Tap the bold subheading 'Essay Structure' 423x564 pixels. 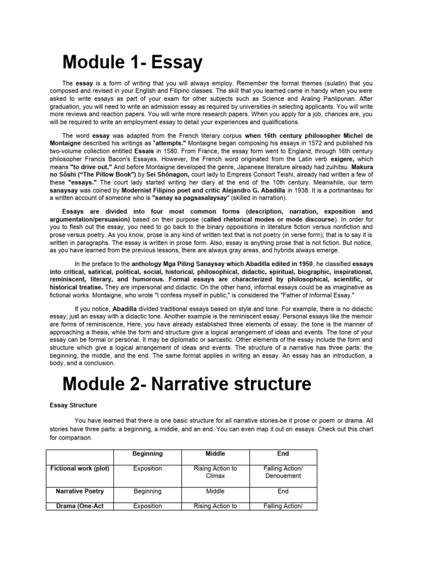pos(73,405)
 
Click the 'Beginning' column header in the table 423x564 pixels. pos(147,453)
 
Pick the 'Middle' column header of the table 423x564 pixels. pos(215,453)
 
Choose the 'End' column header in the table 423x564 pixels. pos(283,453)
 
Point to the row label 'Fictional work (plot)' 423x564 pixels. pos(80,468)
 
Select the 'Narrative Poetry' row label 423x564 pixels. pos(80,491)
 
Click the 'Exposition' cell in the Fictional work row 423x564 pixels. pos(147,468)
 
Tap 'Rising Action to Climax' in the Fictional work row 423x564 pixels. pos(215,471)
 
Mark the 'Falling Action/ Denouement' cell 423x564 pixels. pos(283,471)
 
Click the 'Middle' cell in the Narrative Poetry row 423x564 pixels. pos(215,491)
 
